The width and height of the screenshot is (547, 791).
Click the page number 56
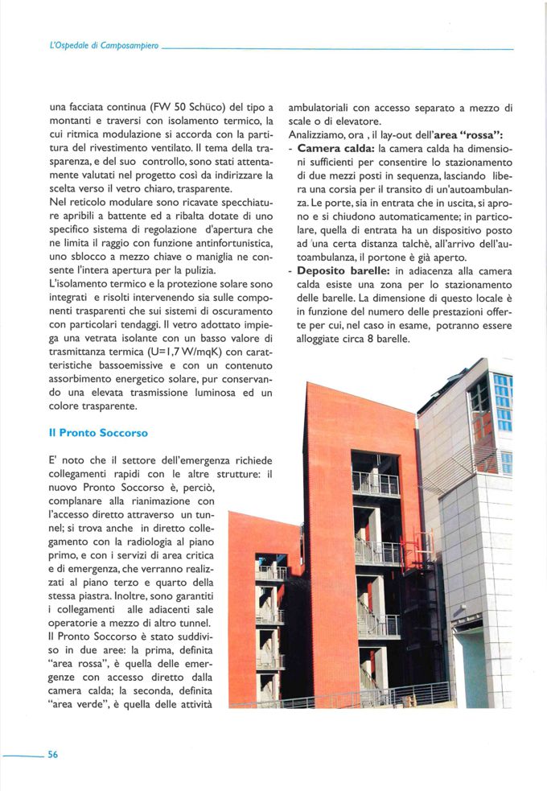click(52, 754)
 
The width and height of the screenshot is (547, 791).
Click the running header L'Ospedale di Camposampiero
click(105, 48)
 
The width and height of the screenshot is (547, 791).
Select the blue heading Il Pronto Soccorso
click(98, 432)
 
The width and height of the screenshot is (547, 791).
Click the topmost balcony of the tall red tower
click(375, 482)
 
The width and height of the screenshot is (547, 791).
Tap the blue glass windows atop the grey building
click(503, 402)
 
